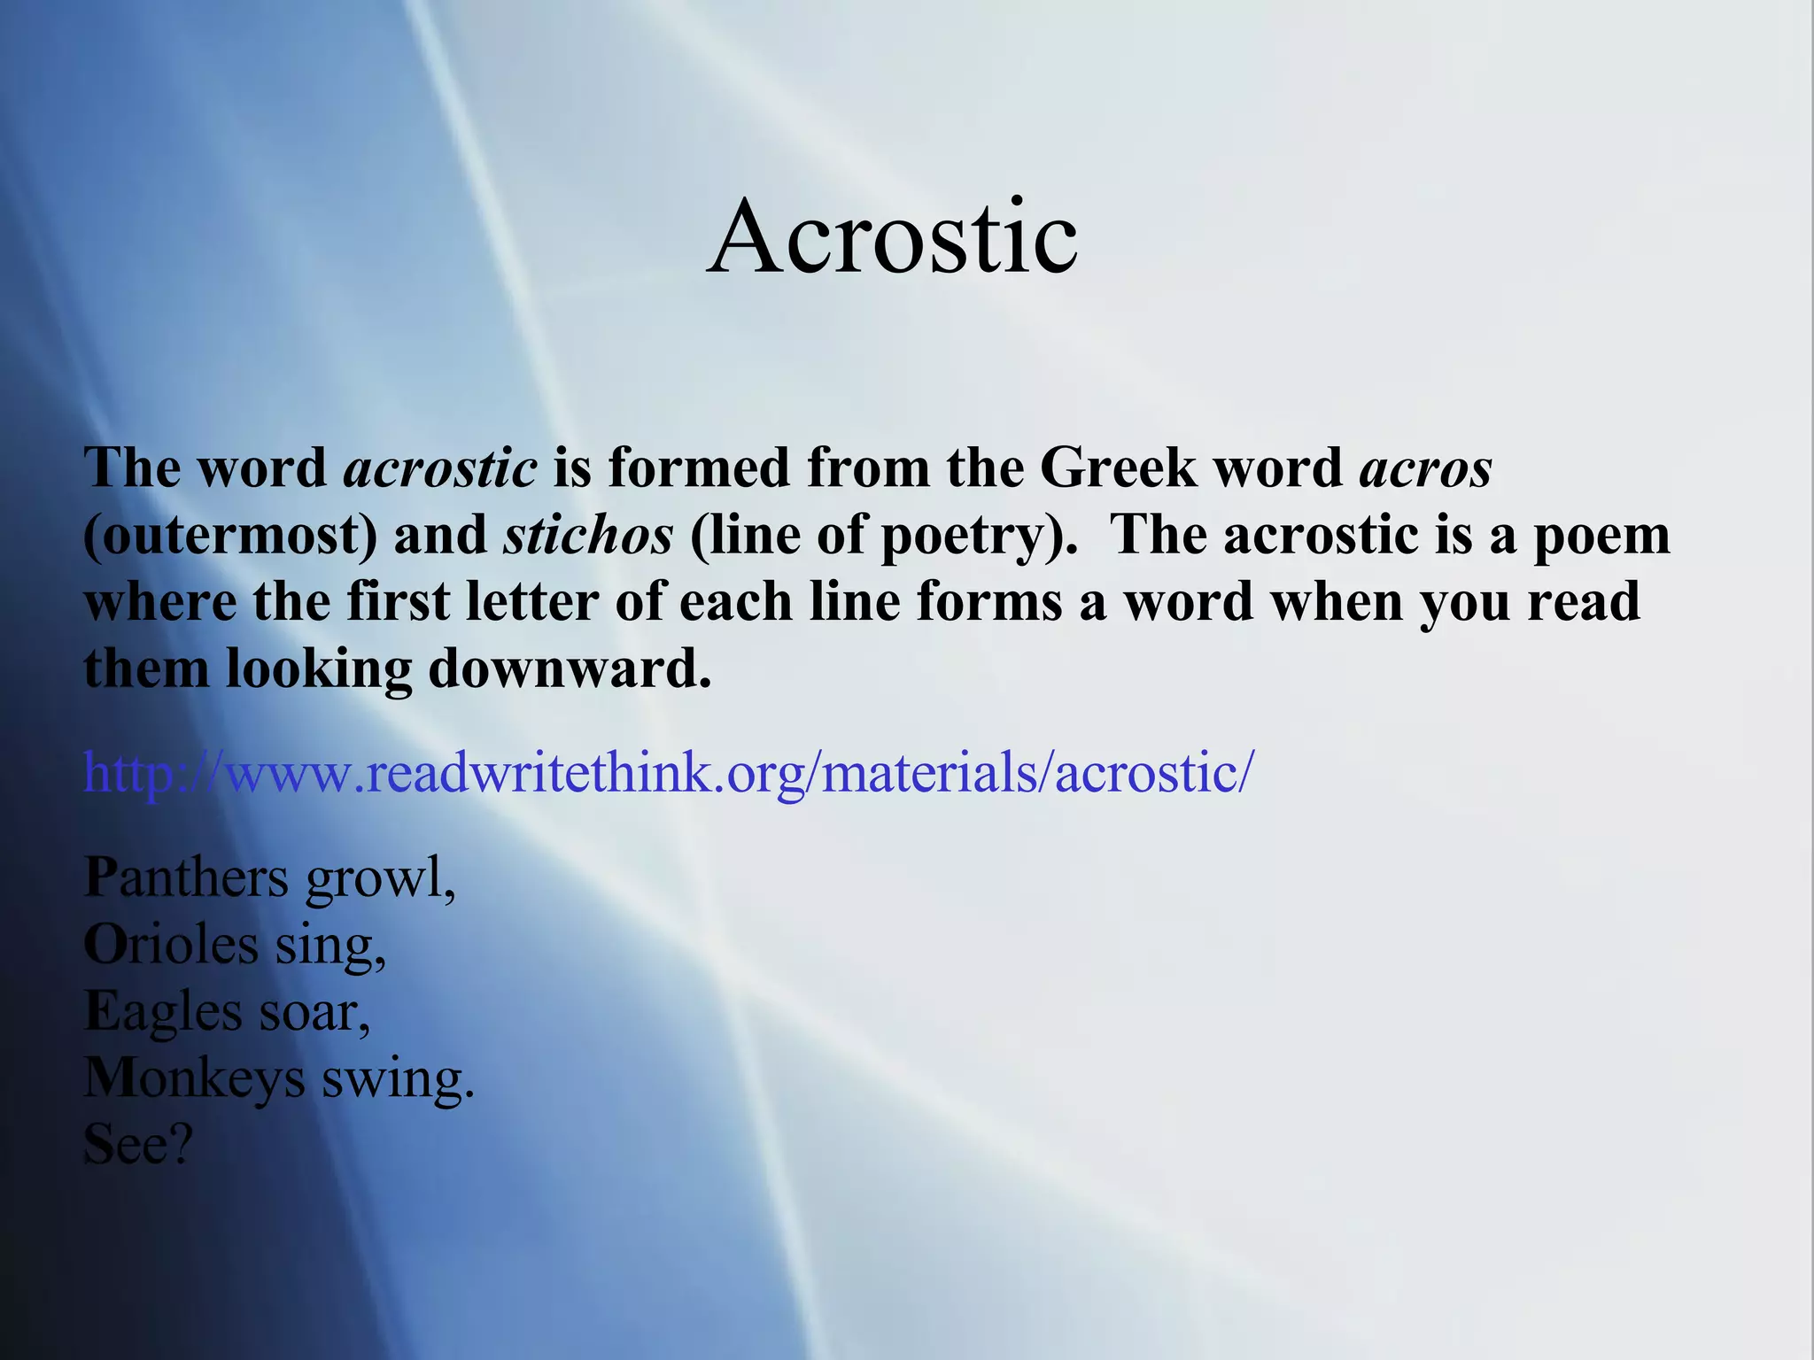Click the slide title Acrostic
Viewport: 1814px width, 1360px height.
pos(892,237)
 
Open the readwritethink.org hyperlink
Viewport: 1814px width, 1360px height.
pos(669,772)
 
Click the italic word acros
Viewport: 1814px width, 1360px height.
pos(1425,467)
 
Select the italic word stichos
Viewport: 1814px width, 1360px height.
pos(588,535)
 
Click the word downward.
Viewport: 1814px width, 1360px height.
pos(570,668)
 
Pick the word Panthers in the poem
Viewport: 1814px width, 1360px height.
pos(186,878)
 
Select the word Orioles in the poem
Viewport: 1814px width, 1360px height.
pos(171,945)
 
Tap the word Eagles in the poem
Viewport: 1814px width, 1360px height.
pos(163,1012)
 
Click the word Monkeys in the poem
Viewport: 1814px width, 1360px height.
pos(195,1079)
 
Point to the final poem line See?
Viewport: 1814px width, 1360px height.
pos(137,1145)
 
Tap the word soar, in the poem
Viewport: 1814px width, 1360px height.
pos(314,1012)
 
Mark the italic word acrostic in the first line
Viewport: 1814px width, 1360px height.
pos(440,467)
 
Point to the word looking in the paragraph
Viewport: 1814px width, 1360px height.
pos(319,668)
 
